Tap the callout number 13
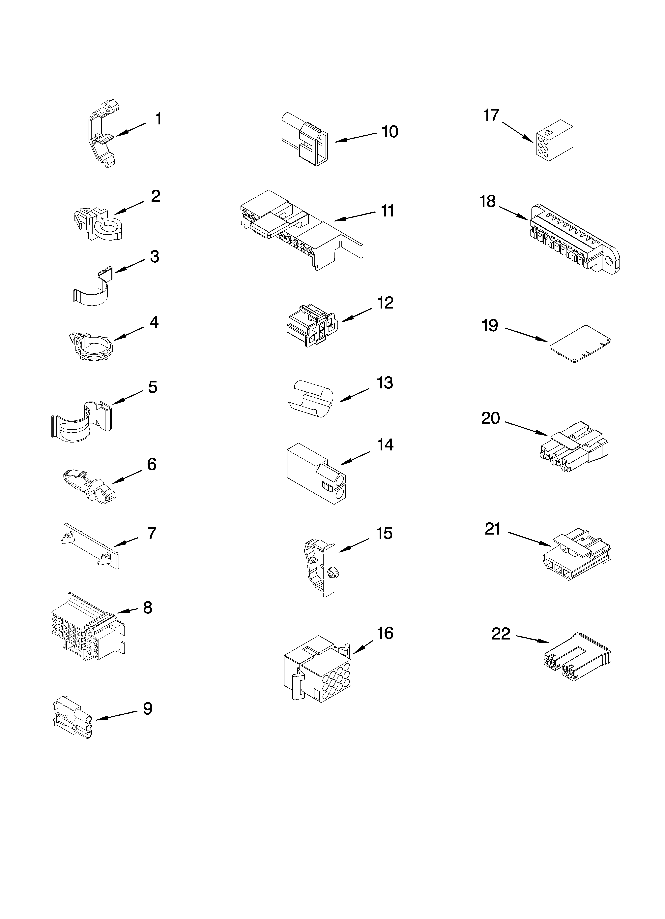(385, 383)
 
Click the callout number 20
(490, 418)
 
